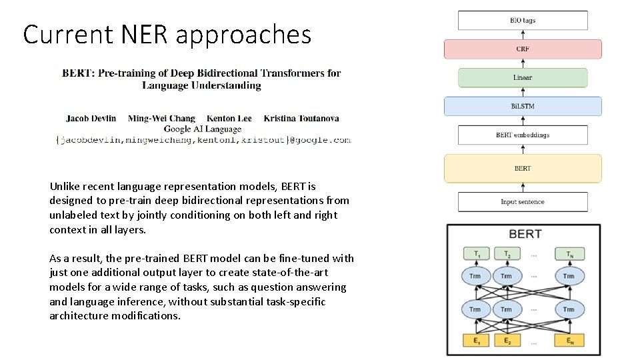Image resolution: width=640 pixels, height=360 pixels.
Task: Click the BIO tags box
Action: click(523, 21)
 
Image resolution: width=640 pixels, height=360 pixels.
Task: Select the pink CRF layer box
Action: click(523, 49)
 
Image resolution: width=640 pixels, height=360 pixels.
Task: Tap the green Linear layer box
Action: click(523, 78)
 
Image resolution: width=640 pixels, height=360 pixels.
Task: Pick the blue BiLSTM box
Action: click(523, 107)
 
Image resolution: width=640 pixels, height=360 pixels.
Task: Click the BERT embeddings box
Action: click(523, 135)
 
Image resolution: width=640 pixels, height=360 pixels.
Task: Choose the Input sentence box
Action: click(523, 202)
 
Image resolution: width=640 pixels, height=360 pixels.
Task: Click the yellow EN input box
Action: click(568, 341)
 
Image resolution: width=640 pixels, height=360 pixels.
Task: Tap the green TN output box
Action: click(568, 254)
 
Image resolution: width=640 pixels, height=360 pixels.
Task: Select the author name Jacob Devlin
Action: click(91, 119)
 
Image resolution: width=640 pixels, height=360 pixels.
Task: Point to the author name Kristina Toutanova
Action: click(301, 119)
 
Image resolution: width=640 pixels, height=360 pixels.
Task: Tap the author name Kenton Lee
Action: click(229, 119)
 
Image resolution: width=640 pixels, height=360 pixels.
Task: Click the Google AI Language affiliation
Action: click(203, 129)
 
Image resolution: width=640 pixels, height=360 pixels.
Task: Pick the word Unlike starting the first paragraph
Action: click(65, 187)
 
